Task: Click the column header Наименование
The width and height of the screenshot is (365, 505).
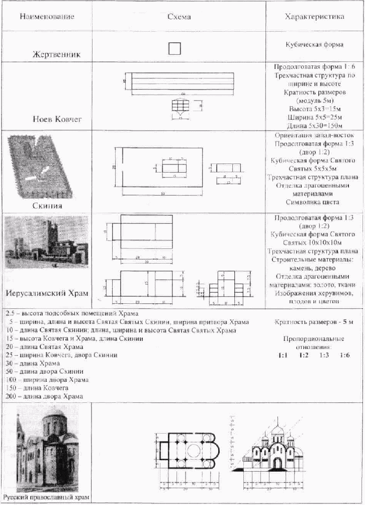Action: pyautogui.click(x=47, y=17)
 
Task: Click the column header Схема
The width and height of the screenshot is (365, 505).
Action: pyautogui.click(x=179, y=17)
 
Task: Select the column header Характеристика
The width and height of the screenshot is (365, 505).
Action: pyautogui.click(x=314, y=17)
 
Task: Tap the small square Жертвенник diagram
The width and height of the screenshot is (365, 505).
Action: pyautogui.click(x=174, y=48)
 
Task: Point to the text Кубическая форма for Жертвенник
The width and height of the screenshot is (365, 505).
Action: pyautogui.click(x=314, y=44)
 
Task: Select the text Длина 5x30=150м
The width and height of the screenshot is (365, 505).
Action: pyautogui.click(x=314, y=125)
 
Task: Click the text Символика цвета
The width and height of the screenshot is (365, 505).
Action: pyautogui.click(x=314, y=202)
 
